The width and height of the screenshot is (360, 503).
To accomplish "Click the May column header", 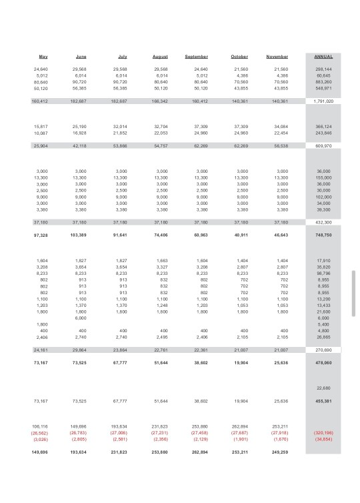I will pos(43,57).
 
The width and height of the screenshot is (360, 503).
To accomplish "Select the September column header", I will pos(197,57).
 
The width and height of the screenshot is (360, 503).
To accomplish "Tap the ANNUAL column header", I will pos(323,57).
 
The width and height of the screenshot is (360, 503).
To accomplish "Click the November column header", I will pos(277,57).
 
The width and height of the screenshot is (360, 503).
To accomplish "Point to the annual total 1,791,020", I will pos(323,101).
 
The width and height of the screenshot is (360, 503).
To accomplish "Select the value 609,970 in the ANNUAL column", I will pos(323,145).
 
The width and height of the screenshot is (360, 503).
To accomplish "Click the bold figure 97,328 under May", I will pos(40,235).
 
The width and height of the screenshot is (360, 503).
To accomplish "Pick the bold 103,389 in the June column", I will pos(78,235).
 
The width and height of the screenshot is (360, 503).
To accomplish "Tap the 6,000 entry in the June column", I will pos(81,318).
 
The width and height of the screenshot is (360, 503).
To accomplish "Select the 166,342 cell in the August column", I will pos(160,101).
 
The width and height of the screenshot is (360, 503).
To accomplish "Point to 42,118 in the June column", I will pos(79,145).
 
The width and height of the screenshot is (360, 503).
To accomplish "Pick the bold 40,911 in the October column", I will pos(240,235).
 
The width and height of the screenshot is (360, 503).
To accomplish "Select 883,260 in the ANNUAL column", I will pos(323,82).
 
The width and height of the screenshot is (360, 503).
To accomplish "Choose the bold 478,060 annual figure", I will pos(323,362).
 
